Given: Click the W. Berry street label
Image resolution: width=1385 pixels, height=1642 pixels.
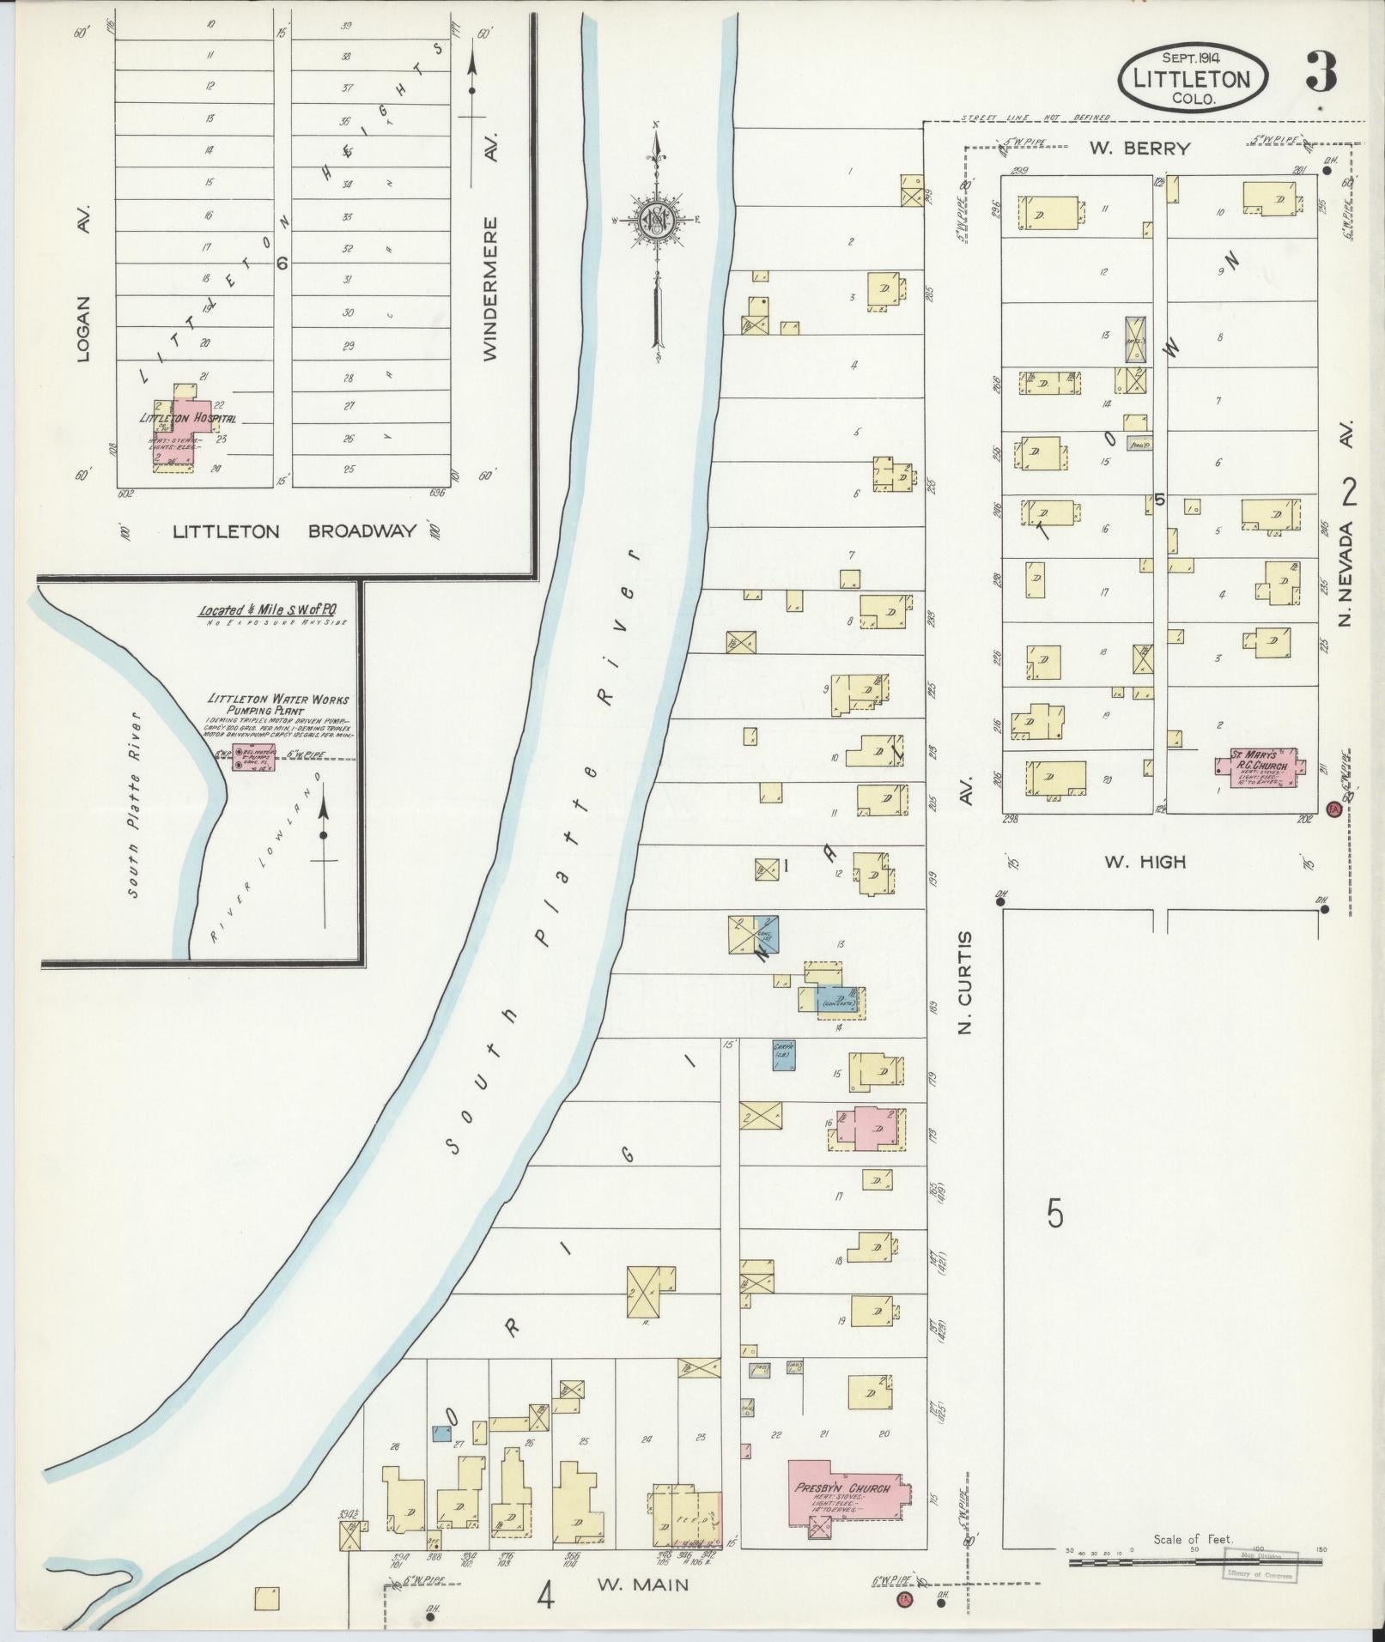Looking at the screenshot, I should click(x=1139, y=148).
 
